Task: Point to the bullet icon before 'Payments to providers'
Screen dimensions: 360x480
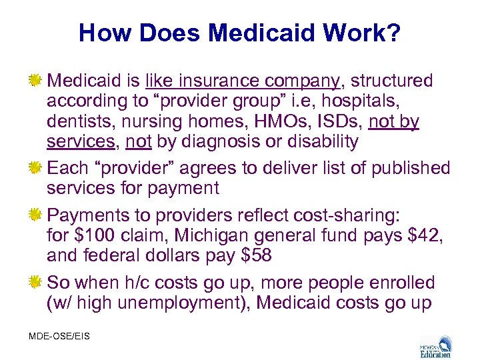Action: point(36,215)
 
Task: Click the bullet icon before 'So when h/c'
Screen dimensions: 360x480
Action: point(36,283)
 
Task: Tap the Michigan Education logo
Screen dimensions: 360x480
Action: point(435,345)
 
